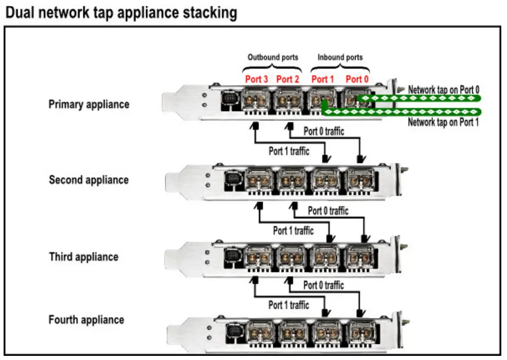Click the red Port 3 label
257,79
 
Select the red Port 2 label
288,79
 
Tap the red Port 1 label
323,79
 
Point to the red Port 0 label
357,79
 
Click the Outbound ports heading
273,57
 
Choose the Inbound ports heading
340,57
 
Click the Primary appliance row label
89,104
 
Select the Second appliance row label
89,181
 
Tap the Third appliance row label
83,257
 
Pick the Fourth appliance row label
86,320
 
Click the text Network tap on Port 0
443,90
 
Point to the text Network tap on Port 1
443,123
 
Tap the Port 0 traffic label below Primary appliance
324,131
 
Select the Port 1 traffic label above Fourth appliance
289,305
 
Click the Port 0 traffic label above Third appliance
328,211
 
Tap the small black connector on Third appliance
231,256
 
